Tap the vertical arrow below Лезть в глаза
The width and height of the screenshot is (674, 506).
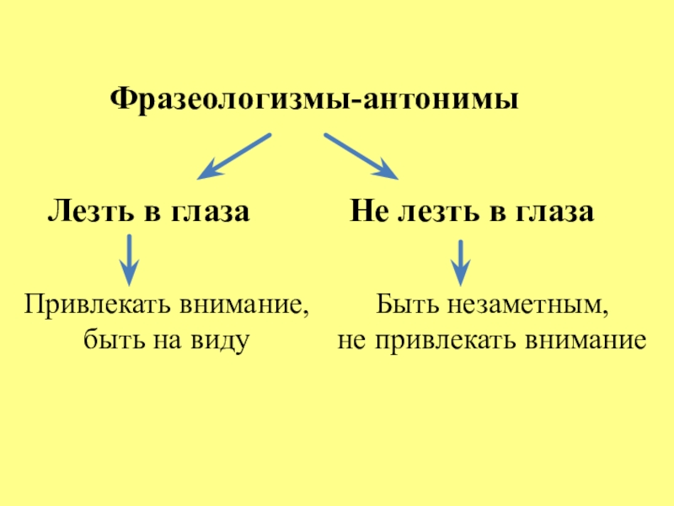click(128, 259)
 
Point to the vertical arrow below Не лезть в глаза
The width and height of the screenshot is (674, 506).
click(460, 261)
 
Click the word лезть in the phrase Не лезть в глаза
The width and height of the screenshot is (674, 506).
click(433, 212)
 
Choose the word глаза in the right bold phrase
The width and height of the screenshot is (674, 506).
click(551, 212)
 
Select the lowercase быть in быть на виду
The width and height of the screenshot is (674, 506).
click(111, 340)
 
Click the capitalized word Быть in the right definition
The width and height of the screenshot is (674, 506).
click(402, 304)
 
